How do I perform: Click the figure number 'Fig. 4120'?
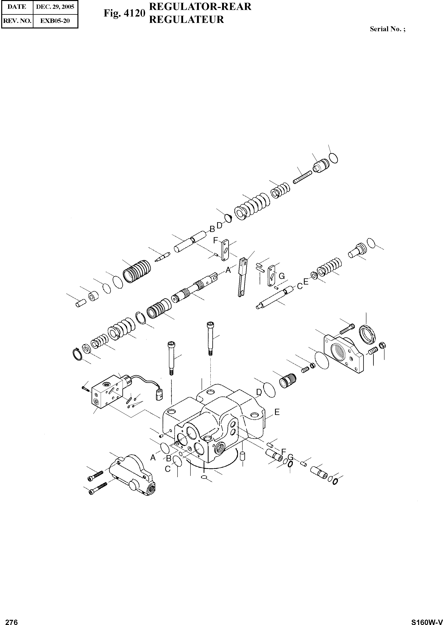pos(124,13)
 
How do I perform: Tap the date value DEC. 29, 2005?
pos(55,7)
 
